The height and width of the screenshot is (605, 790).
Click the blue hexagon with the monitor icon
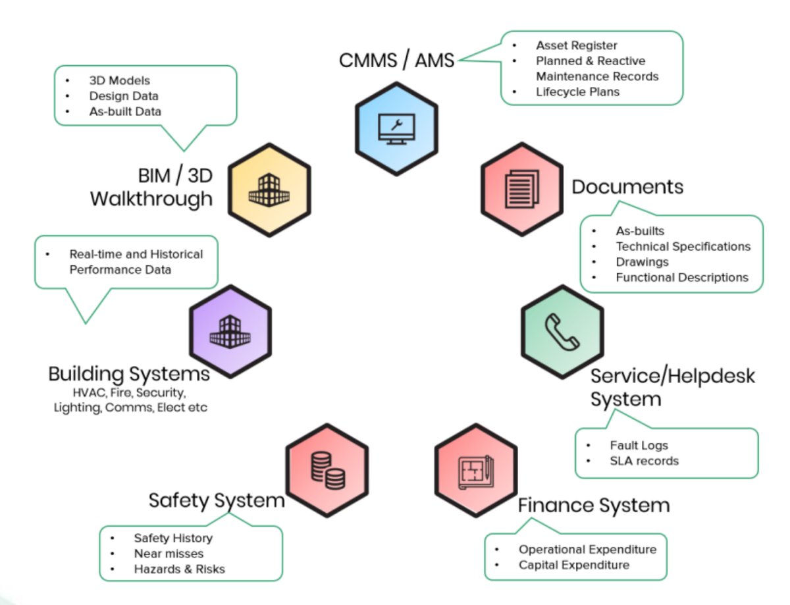tap(396, 128)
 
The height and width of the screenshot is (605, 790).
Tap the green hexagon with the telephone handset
tap(562, 331)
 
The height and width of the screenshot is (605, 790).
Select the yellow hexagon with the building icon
tap(269, 190)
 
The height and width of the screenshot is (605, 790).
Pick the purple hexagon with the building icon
tap(230, 331)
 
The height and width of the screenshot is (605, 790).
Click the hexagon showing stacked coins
tap(327, 469)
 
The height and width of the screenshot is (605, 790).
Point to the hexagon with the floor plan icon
tap(475, 469)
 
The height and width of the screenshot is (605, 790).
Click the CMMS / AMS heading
tap(396, 61)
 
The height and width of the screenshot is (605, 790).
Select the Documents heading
tap(627, 187)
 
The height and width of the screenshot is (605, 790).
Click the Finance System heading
tap(593, 506)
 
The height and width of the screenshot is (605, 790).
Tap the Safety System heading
tap(217, 500)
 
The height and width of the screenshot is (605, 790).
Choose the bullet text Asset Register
tap(576, 45)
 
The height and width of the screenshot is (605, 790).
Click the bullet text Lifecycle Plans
tap(577, 92)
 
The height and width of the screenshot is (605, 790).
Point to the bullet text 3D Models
tap(119, 80)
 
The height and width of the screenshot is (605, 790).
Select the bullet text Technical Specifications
tap(683, 246)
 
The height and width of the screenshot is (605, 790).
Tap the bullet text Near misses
tap(169, 554)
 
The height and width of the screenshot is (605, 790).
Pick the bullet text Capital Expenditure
tap(573, 565)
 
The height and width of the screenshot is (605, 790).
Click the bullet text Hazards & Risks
tap(179, 569)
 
